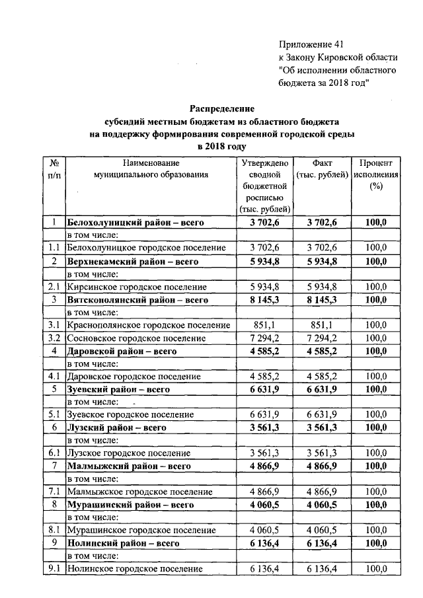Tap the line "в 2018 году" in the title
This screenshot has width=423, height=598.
click(x=222, y=146)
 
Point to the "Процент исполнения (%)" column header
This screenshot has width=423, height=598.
click(x=376, y=174)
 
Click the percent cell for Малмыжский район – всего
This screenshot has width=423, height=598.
click(x=376, y=467)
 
